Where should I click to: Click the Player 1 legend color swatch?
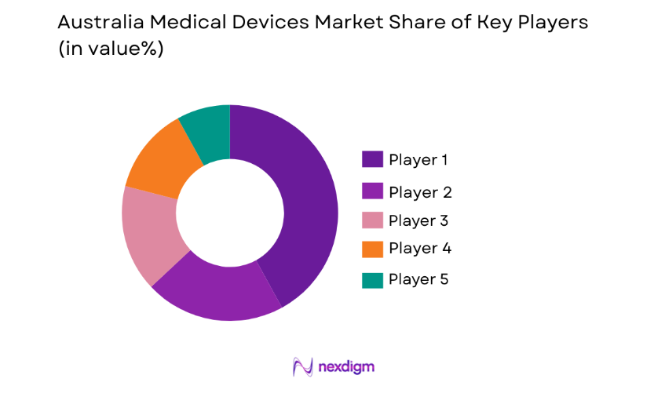[x=372, y=159]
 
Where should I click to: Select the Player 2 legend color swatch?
[x=372, y=191]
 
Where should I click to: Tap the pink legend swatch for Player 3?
[x=372, y=220]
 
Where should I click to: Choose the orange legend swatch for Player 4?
[x=372, y=249]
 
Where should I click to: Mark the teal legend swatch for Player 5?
[x=372, y=279]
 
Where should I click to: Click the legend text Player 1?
[x=419, y=160]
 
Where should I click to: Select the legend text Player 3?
[x=419, y=220]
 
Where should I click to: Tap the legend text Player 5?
[x=419, y=279]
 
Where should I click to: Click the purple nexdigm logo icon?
[x=303, y=366]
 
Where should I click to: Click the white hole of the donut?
[x=229, y=212]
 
